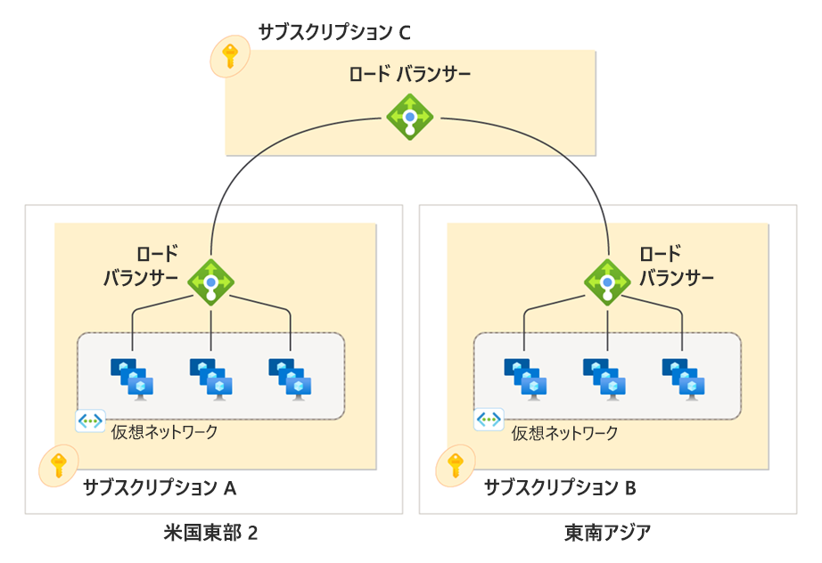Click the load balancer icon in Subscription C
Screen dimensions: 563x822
(x=409, y=116)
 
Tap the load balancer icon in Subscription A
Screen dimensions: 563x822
(x=211, y=282)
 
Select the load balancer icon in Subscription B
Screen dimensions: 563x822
(x=607, y=282)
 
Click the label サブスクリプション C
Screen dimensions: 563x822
(x=334, y=33)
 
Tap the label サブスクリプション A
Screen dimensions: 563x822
(x=160, y=487)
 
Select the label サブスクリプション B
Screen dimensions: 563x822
(x=560, y=487)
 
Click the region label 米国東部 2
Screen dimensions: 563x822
(x=211, y=534)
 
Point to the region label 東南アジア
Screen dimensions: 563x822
(x=607, y=534)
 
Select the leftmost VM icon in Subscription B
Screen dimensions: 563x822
(x=526, y=377)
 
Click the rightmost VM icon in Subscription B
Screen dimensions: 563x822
(x=685, y=377)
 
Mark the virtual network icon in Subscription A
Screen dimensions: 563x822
(x=91, y=420)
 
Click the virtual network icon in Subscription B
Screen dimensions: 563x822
(x=489, y=420)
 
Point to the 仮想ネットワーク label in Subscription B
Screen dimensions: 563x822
(x=564, y=434)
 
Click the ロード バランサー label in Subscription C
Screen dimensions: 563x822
(x=409, y=75)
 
